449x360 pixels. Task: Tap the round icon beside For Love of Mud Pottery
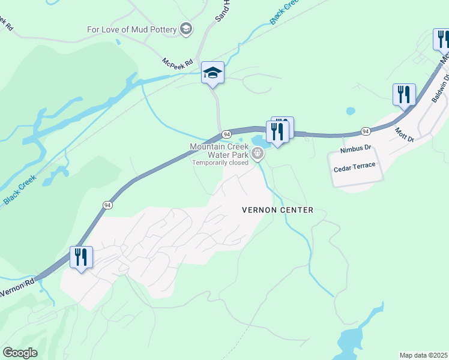pyautogui.click(x=186, y=29)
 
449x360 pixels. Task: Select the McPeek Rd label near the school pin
pyautogui.click(x=177, y=62)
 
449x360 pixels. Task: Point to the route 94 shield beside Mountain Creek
pyautogui.click(x=226, y=133)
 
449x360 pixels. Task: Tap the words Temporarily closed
pyautogui.click(x=220, y=163)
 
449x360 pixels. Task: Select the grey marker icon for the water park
pyautogui.click(x=258, y=154)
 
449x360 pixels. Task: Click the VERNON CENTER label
pyautogui.click(x=277, y=210)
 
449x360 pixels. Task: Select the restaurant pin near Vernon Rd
pyautogui.click(x=80, y=258)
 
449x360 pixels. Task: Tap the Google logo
pyautogui.click(x=20, y=353)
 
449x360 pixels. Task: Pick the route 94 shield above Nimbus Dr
pyautogui.click(x=365, y=131)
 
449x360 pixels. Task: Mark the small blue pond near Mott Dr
pyautogui.click(x=350, y=111)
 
